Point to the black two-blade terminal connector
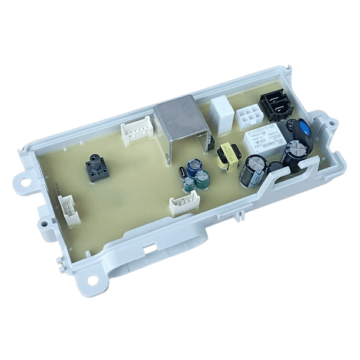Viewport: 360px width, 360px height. click(x=275, y=104)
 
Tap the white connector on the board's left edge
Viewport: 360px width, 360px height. click(x=70, y=211)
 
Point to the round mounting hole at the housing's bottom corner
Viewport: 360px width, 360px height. click(x=91, y=279)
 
